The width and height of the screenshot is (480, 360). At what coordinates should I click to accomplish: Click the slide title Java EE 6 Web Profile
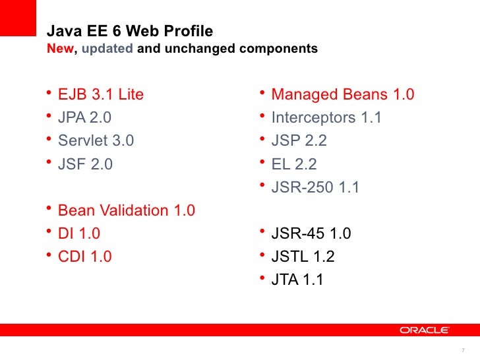(129, 32)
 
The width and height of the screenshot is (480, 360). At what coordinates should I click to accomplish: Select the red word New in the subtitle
(61, 49)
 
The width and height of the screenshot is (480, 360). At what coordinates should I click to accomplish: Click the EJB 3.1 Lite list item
(101, 95)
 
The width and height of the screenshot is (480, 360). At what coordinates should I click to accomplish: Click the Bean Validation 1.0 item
(127, 211)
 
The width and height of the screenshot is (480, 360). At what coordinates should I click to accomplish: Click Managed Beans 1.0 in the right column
(342, 95)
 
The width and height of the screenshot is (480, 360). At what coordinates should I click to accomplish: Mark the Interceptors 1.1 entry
(326, 118)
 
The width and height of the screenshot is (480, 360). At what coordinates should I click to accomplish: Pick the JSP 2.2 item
(299, 141)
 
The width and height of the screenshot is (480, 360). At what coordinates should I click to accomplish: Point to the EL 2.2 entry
(294, 164)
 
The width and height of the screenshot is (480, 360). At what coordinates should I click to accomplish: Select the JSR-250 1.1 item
(315, 187)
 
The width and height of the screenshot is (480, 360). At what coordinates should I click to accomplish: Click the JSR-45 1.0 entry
(311, 233)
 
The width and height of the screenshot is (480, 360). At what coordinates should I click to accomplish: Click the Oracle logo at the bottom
(424, 329)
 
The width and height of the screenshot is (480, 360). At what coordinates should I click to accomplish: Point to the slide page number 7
(464, 349)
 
